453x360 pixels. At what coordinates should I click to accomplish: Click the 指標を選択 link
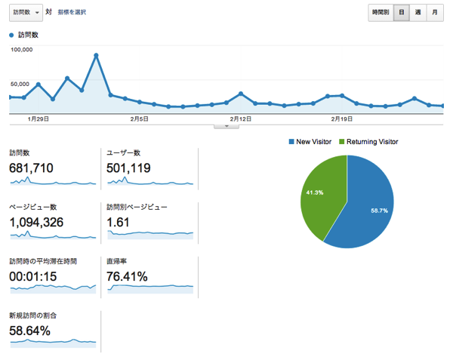72,13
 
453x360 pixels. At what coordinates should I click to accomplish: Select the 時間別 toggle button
380,13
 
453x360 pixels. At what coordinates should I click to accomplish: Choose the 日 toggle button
402,13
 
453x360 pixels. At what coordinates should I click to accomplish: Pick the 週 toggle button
418,13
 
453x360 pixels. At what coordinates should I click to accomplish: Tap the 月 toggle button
435,13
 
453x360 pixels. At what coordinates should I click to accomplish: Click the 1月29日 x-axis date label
39,119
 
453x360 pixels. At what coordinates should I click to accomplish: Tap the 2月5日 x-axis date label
139,119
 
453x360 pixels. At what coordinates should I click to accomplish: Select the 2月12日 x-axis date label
240,119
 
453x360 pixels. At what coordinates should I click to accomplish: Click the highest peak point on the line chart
97,55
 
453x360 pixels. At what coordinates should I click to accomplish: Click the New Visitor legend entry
310,141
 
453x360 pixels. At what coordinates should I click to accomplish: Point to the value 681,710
31,168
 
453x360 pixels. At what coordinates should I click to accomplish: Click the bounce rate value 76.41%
127,276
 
